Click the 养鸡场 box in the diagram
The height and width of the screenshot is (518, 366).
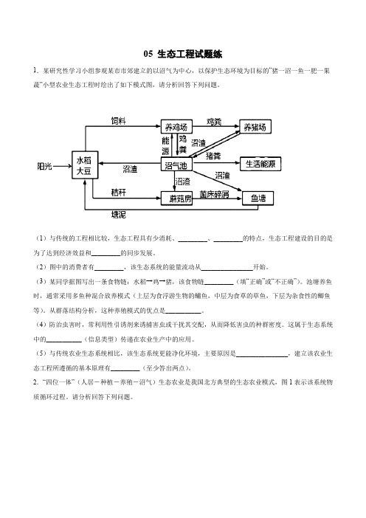point(176,127)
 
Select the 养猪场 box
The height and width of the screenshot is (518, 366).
point(255,126)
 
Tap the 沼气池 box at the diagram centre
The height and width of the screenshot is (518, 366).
point(176,165)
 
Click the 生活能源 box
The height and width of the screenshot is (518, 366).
point(260,164)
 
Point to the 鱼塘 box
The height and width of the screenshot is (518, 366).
point(258,198)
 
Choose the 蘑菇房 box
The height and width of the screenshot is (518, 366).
point(176,198)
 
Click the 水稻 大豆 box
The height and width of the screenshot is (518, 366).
point(85,165)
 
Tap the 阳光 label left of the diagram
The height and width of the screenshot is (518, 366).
point(44,166)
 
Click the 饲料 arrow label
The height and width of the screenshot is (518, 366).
point(119,121)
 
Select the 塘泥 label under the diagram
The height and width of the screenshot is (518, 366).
point(119,215)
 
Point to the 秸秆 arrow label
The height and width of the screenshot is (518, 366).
point(119,193)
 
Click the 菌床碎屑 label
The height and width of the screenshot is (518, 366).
point(214,194)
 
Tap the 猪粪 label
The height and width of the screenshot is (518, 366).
point(213,156)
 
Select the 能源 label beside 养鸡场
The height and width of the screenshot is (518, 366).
point(165,146)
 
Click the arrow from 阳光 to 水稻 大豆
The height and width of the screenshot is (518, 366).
point(63,166)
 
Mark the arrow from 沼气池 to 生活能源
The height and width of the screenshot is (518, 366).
point(216,162)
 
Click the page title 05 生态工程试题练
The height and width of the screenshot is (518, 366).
point(183,54)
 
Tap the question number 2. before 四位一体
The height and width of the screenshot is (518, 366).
point(35,382)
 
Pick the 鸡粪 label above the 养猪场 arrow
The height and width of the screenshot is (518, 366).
point(214,122)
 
